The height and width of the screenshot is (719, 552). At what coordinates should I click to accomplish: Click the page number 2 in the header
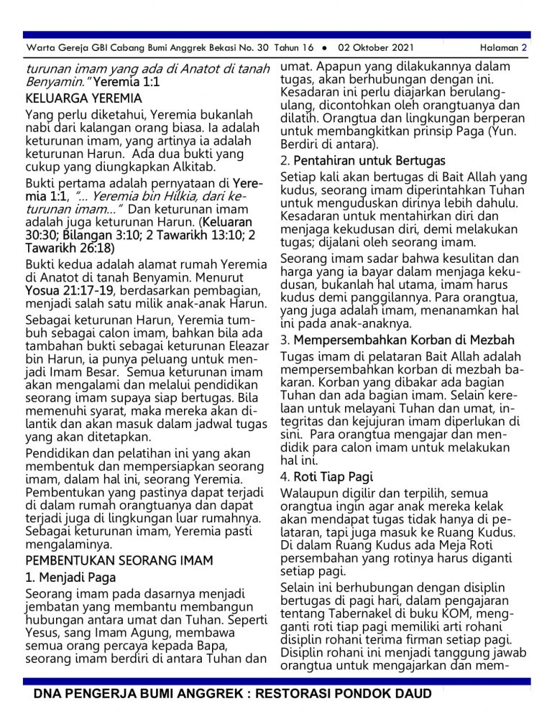525,48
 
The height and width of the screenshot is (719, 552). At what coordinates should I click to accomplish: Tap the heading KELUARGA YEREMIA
83,98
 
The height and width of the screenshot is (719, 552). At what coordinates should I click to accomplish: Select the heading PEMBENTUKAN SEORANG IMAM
119,560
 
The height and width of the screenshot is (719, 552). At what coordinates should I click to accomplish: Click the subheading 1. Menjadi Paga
70,577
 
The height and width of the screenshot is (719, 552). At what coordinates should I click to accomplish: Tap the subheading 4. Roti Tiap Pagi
326,476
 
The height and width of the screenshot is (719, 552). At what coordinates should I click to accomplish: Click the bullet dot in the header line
325,48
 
